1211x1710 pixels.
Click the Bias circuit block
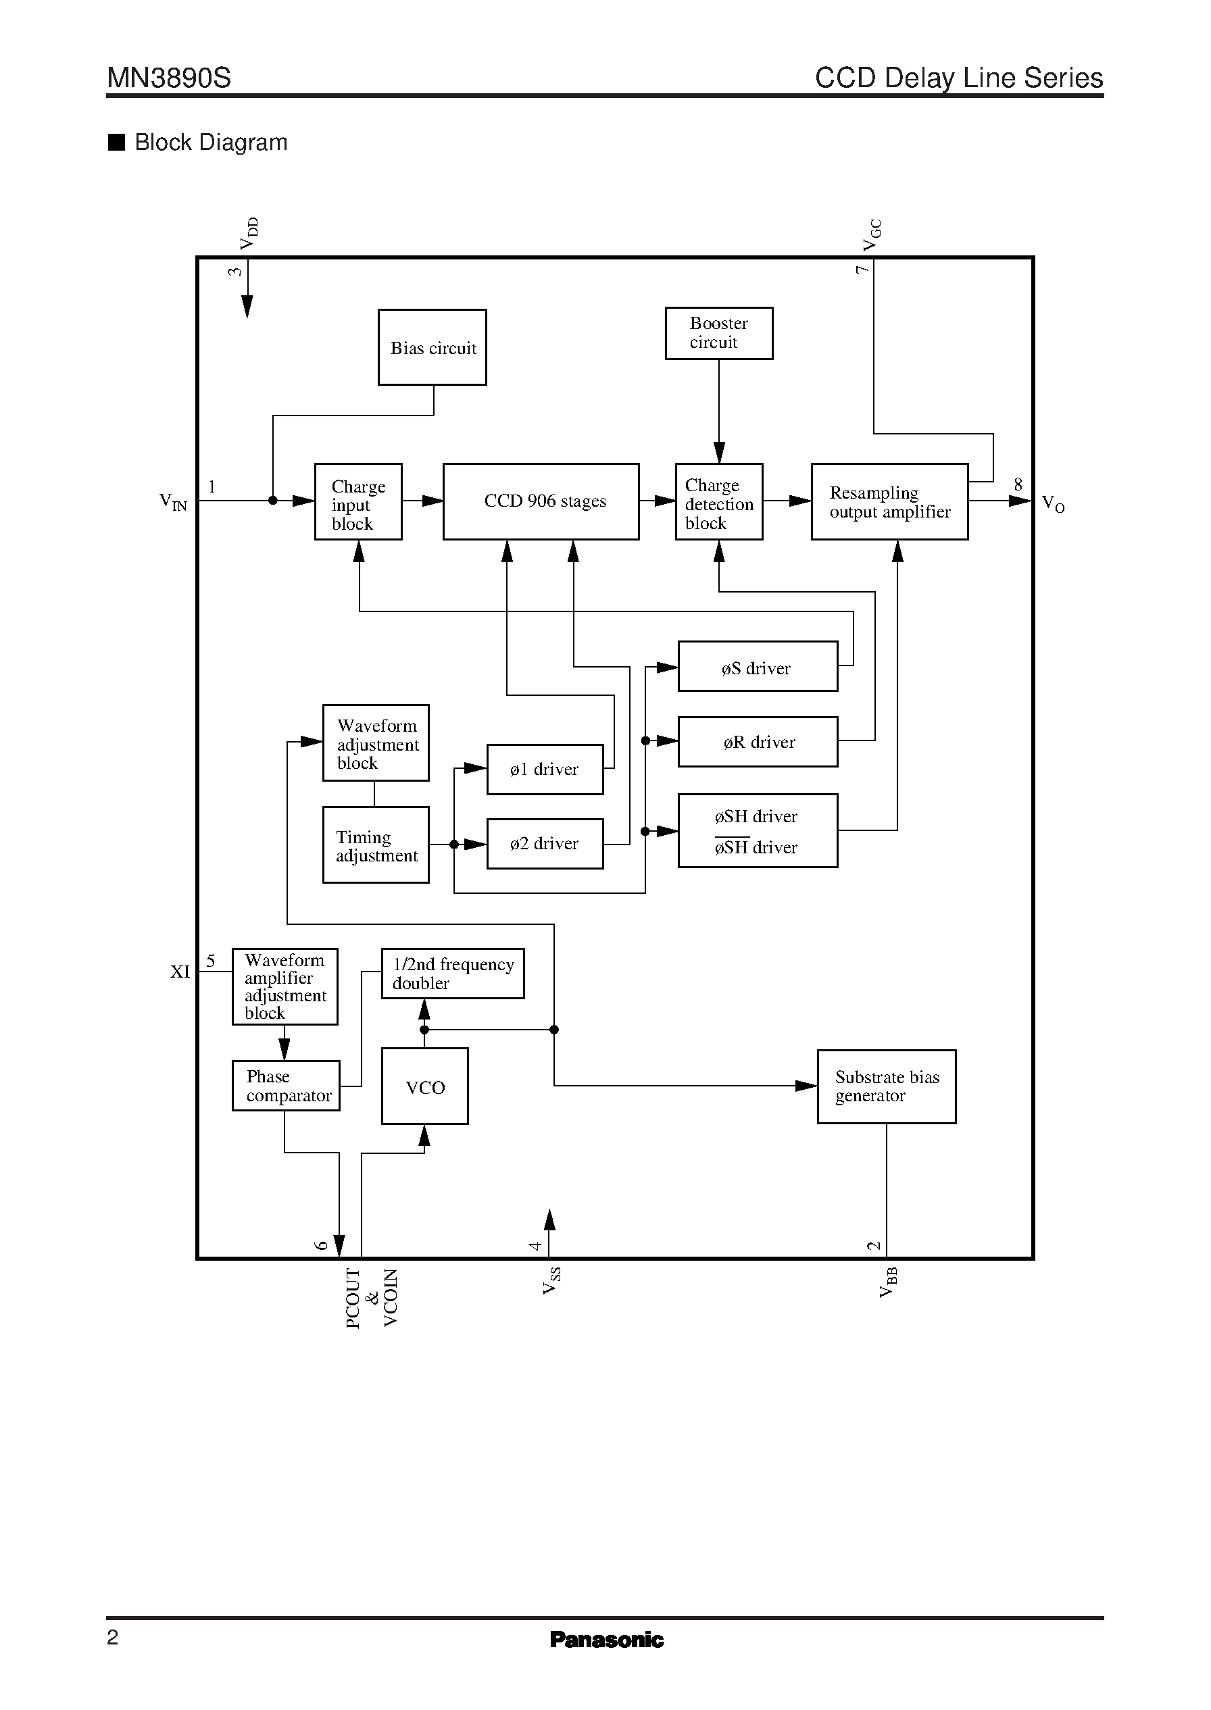pyautogui.click(x=432, y=347)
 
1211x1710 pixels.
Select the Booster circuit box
pyautogui.click(x=718, y=333)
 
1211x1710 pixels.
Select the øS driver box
pyautogui.click(x=757, y=666)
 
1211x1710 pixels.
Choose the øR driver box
pyautogui.click(x=757, y=742)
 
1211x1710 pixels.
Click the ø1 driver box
pyautogui.click(x=545, y=770)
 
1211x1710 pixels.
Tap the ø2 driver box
pyautogui.click(x=545, y=844)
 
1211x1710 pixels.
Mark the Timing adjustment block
pyautogui.click(x=375, y=845)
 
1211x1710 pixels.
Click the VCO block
pyautogui.click(x=424, y=1086)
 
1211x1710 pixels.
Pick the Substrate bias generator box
pyautogui.click(x=886, y=1086)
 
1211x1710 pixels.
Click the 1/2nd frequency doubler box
pyautogui.click(x=452, y=974)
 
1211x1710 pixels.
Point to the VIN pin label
pyautogui.click(x=173, y=502)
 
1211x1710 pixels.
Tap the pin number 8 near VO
pyautogui.click(x=1018, y=485)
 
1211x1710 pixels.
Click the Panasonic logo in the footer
pyautogui.click(x=605, y=1639)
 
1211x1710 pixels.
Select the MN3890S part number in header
pyautogui.click(x=169, y=78)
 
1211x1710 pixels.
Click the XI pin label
pyautogui.click(x=180, y=972)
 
